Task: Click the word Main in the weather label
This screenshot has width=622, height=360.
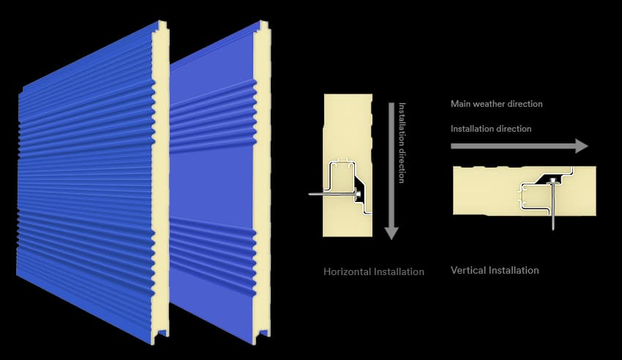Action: coord(460,104)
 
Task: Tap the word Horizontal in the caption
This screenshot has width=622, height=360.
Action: coord(347,271)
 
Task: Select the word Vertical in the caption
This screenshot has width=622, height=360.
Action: coord(468,271)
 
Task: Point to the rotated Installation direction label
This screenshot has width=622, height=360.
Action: coord(402,143)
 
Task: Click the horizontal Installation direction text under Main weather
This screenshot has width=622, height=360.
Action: coord(491,129)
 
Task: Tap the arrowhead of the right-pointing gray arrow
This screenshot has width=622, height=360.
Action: coord(582,146)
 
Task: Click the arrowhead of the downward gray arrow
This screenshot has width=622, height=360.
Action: coord(391,233)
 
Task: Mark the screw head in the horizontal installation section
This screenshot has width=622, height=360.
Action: coord(358,193)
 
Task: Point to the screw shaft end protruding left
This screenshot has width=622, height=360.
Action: coord(310,195)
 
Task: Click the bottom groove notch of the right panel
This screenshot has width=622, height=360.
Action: coord(262,335)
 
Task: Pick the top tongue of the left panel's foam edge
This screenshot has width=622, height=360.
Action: coord(163,26)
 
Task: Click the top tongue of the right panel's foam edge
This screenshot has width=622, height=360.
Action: coord(264,26)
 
